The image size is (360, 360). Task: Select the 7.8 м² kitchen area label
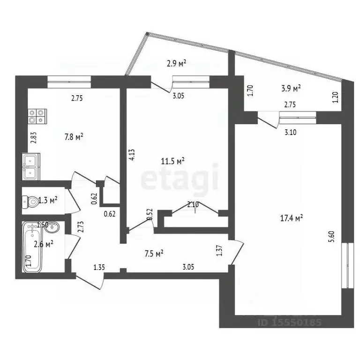[74, 137]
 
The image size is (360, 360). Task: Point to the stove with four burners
[37, 116]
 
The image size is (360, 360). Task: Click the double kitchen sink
[31, 167]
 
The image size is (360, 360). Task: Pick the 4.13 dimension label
[133, 155]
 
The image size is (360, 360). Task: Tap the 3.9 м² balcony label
[291, 88]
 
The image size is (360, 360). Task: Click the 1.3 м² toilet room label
[48, 201]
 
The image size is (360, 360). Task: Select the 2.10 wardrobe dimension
[193, 204]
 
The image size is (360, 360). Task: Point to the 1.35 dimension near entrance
[98, 268]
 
